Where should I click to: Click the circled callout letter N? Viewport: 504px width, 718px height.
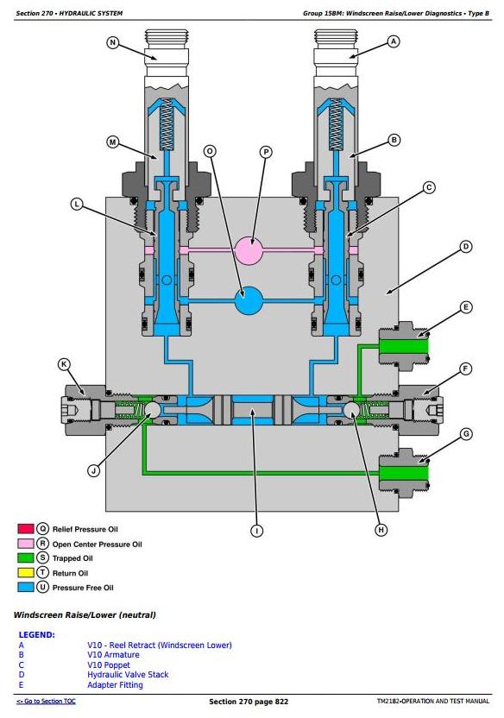112,42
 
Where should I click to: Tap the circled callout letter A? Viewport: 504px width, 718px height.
394,41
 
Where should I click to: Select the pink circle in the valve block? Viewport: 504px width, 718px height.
249,250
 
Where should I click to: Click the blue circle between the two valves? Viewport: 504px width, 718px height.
249,301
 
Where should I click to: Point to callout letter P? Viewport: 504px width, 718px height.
266,152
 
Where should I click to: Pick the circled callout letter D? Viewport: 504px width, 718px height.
465,247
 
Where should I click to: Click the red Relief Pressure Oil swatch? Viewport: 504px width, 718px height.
26,529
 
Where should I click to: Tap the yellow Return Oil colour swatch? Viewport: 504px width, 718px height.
26,573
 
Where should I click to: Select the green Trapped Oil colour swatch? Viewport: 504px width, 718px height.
26,558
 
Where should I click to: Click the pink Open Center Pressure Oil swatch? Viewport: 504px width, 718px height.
26,544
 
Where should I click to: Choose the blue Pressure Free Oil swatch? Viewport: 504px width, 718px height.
26,588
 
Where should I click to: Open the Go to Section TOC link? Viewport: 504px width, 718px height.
46,701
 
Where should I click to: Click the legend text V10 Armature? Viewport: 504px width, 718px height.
113,655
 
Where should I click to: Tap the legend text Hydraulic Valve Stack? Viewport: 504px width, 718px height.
128,675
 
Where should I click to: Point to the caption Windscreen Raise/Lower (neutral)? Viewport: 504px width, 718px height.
85,615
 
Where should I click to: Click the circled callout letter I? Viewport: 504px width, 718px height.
257,531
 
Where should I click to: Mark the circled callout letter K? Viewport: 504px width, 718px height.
64,364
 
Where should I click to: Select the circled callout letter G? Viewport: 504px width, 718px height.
466,434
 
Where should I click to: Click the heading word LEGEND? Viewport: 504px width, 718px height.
36,634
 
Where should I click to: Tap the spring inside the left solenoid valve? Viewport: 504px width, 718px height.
167,124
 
